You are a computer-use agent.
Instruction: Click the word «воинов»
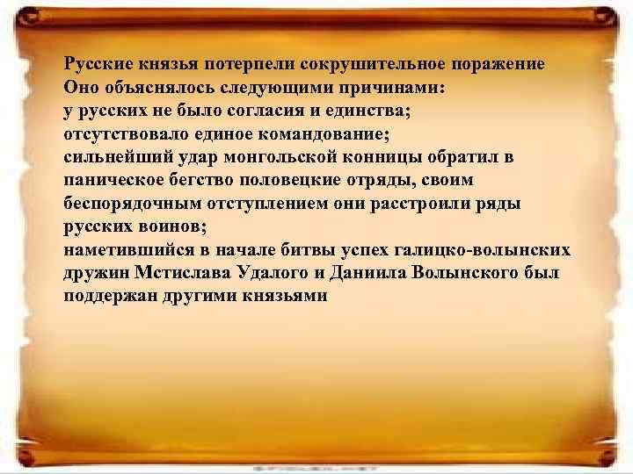171,226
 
